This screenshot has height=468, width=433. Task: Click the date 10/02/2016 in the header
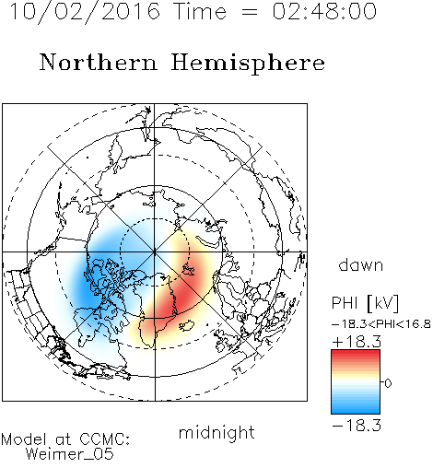click(x=85, y=11)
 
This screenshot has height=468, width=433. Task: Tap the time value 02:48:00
click(x=324, y=11)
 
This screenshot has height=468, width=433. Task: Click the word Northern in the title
click(x=99, y=62)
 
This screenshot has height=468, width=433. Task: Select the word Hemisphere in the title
click(x=248, y=64)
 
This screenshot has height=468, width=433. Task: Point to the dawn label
click(x=361, y=264)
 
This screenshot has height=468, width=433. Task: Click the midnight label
click(x=216, y=432)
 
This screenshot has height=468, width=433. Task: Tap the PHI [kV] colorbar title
click(x=365, y=303)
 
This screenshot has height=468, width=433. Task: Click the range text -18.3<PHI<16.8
click(x=381, y=324)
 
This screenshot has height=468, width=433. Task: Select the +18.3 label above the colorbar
click(x=357, y=342)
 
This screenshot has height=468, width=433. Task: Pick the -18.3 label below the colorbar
click(x=357, y=426)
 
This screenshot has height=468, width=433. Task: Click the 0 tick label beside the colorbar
click(x=388, y=383)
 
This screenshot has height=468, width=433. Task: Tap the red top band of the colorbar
click(x=356, y=356)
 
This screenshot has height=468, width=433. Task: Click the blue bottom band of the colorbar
click(x=356, y=408)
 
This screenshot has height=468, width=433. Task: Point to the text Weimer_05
click(x=70, y=454)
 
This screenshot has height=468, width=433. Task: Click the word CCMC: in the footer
click(x=104, y=439)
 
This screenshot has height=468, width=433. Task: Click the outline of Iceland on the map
click(x=187, y=325)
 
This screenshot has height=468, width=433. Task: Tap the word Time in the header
click(x=200, y=11)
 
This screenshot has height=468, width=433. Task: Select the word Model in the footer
click(x=24, y=439)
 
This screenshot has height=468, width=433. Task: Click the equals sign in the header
click(x=249, y=12)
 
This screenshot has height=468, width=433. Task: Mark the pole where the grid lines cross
click(x=155, y=252)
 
